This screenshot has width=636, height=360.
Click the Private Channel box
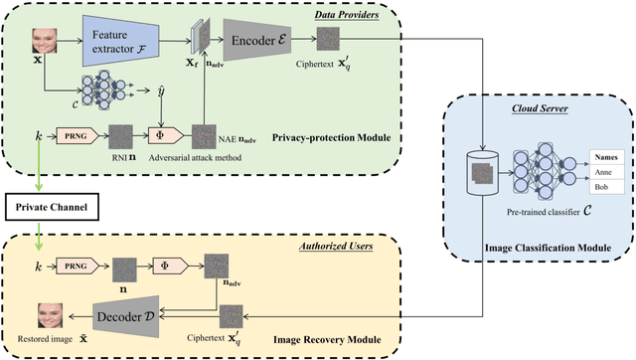50,207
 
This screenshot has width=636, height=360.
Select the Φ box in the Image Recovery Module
164,266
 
